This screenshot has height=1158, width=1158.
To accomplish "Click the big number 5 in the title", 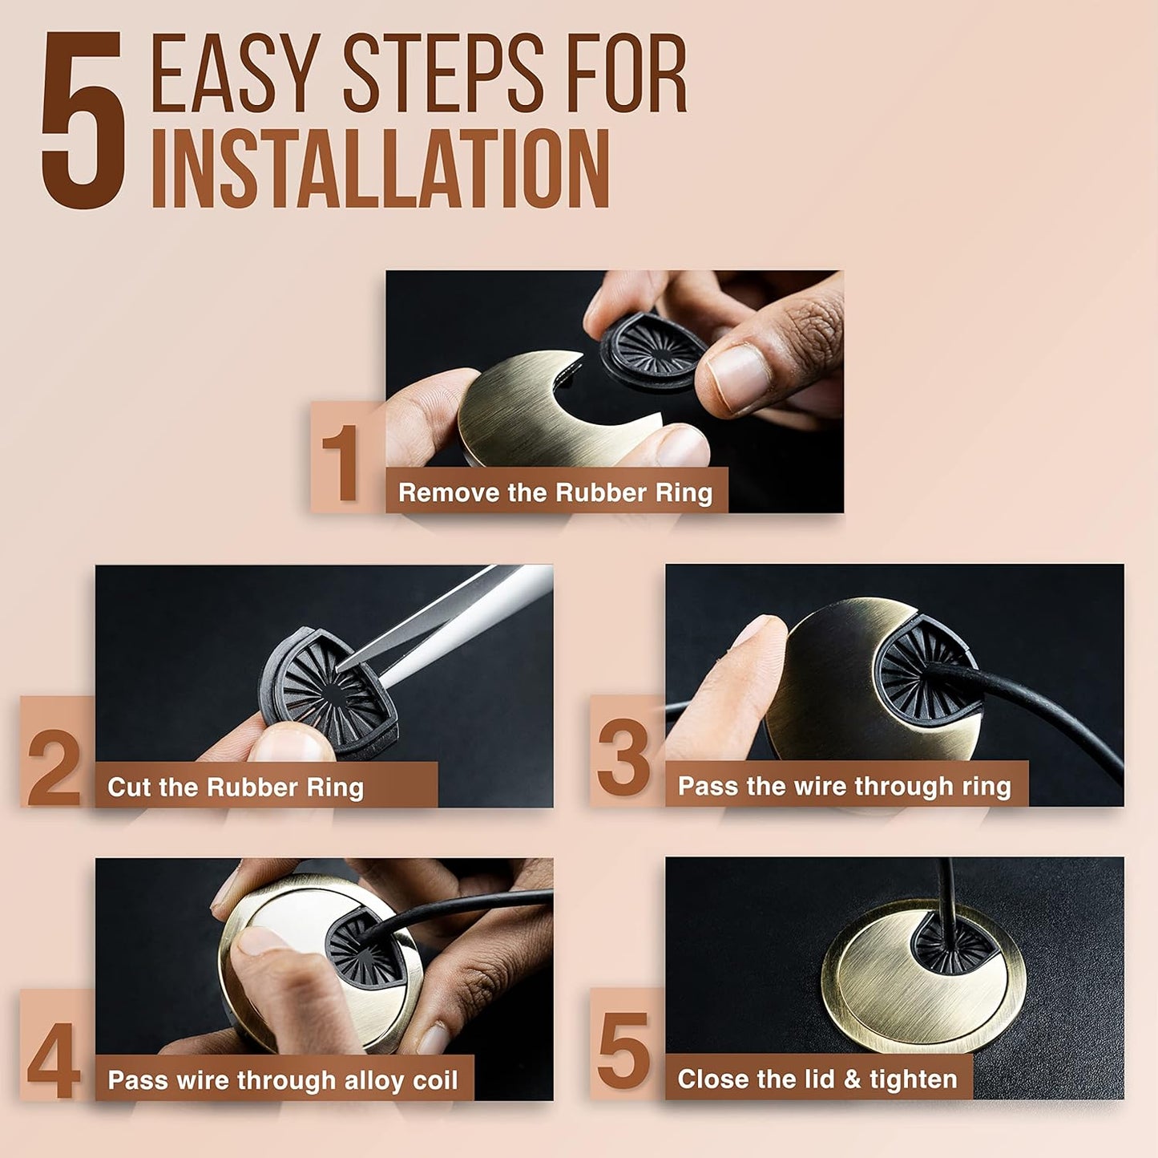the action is [x=84, y=120].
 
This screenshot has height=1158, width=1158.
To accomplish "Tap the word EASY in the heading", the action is [x=235, y=73].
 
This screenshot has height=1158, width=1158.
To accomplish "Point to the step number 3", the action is [x=623, y=759].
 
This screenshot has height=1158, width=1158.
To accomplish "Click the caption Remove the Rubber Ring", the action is [x=555, y=493].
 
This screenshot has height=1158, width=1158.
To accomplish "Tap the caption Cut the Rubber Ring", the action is [x=236, y=788].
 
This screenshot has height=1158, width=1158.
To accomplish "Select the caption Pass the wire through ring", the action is [x=845, y=786].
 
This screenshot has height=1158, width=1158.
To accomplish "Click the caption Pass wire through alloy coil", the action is [x=282, y=1080].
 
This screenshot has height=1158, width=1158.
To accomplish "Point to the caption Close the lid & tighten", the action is [x=817, y=1079].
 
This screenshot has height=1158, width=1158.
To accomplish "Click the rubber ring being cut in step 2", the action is [x=328, y=692].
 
